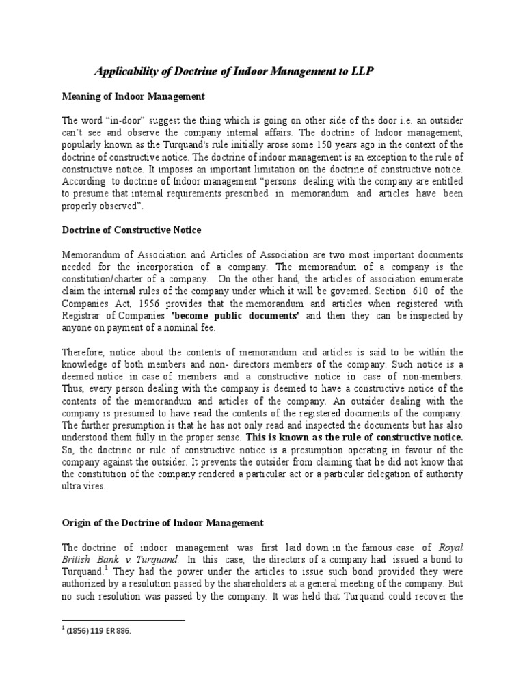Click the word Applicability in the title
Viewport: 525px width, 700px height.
coord(126,70)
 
